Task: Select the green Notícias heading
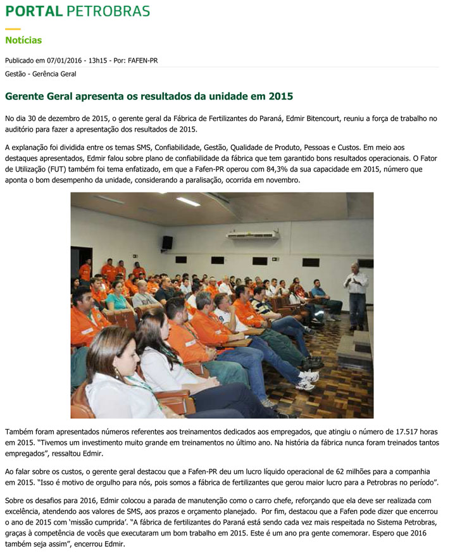point(23,41)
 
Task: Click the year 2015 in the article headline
point(280,97)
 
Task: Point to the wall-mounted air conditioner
point(253,234)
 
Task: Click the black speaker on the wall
point(167,242)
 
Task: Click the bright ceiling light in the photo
point(187,201)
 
